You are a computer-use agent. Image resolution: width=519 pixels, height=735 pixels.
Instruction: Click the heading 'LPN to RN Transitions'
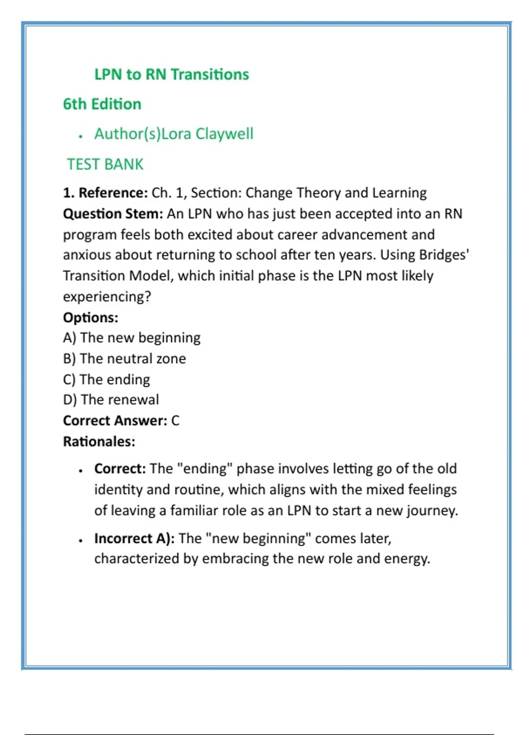tap(172, 74)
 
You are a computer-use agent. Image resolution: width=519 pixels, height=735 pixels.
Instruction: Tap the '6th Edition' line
tap(102, 104)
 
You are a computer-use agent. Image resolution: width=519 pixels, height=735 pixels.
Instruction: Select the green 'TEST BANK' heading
tap(105, 164)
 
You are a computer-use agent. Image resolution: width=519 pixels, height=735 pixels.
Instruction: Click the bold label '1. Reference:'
tap(106, 193)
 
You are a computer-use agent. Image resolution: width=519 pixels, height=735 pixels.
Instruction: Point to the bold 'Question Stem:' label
tap(113, 214)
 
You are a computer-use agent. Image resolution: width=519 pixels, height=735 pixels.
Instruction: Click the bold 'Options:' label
tap(90, 317)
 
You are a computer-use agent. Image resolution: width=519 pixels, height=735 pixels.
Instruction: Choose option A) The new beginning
tap(132, 338)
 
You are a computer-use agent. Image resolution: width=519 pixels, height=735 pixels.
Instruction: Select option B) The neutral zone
tap(125, 358)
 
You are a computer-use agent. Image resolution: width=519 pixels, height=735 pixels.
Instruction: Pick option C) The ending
tap(106, 379)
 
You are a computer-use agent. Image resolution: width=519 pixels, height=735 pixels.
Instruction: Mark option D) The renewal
tap(111, 399)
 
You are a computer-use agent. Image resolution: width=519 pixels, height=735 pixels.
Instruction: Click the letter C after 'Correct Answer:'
tap(175, 421)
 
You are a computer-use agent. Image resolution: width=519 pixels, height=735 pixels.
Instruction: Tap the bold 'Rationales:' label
tap(99, 441)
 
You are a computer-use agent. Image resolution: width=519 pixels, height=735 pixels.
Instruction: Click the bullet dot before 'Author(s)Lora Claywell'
tap(80, 136)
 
